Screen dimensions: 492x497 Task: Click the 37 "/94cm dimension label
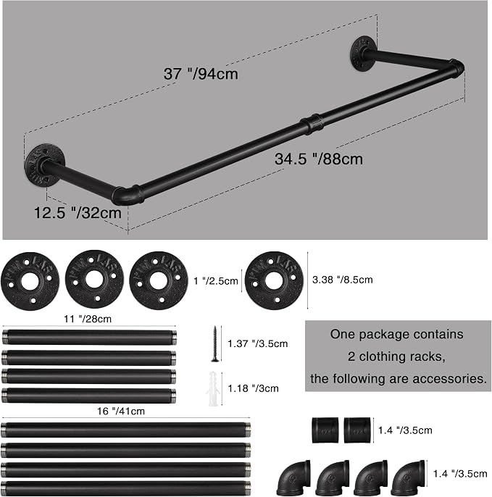(201, 74)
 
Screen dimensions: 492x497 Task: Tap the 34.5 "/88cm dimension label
(319, 159)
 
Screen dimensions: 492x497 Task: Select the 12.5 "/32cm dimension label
(78, 213)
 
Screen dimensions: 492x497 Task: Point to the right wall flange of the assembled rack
(363, 54)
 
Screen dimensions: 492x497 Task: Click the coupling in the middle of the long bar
(312, 124)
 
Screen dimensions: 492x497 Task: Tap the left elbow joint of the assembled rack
(127, 194)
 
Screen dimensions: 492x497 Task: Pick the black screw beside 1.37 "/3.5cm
(214, 344)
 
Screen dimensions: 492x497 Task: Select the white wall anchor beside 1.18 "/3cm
(213, 388)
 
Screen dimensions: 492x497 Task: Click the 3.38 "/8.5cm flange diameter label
(342, 280)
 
